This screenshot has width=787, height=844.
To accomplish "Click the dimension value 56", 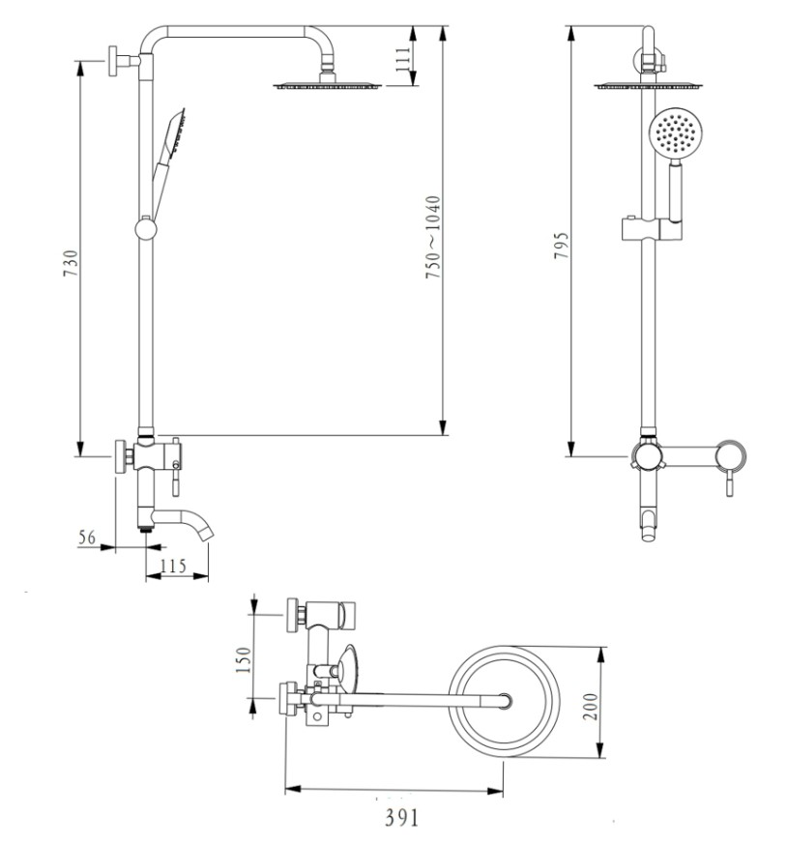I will pos(87,538).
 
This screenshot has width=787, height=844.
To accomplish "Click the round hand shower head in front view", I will pos(672,132).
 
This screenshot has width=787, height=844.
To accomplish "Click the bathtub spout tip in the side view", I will pos(208,532).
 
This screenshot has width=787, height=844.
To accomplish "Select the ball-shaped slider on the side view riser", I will pos(144,229).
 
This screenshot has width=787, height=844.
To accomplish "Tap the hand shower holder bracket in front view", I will pos(650,229).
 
